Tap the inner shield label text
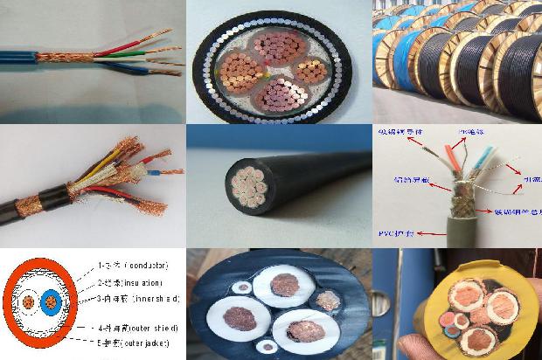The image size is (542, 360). (155, 299)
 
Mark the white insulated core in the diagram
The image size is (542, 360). (29, 302)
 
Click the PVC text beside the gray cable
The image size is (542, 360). (389, 233)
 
